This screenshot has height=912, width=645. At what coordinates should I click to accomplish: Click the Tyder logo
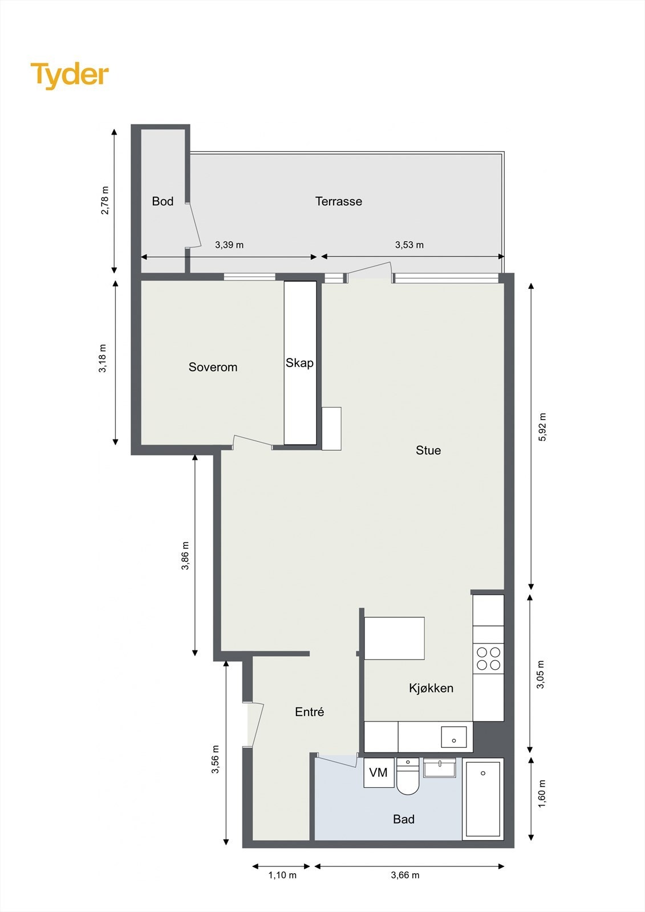click(x=70, y=75)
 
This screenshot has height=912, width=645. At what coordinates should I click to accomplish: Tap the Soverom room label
click(x=213, y=367)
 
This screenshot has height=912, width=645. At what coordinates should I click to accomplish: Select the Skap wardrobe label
click(x=299, y=363)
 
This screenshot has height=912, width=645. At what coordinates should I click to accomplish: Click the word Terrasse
click(x=339, y=201)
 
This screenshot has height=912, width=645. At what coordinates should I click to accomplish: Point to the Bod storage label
click(x=163, y=201)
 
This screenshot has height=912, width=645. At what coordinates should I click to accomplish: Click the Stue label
click(x=428, y=450)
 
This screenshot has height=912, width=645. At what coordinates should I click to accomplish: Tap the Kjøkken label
click(x=431, y=688)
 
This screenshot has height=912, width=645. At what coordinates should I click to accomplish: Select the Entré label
click(x=310, y=712)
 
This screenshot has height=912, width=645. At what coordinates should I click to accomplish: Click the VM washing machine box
click(x=379, y=773)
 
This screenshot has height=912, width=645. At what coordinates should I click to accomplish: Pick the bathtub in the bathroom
click(x=483, y=799)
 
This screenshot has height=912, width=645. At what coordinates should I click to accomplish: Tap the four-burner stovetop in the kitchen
click(x=489, y=658)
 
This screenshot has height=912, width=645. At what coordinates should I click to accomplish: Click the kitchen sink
click(x=453, y=737)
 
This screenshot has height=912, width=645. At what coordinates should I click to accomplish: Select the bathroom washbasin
click(x=440, y=768)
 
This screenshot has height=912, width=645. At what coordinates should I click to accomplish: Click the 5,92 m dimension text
click(x=542, y=427)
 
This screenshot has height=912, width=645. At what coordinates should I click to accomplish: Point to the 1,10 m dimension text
click(x=282, y=875)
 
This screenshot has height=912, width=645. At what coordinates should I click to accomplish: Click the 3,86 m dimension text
click(x=185, y=556)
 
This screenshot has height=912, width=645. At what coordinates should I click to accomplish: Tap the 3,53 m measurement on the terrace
click(x=409, y=245)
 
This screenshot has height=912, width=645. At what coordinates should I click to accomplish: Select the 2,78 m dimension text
click(x=104, y=201)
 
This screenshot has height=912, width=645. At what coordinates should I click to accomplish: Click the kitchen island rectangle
click(x=394, y=638)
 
